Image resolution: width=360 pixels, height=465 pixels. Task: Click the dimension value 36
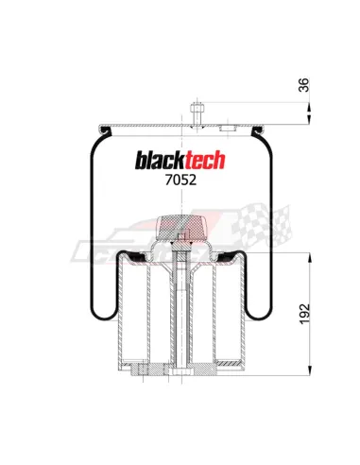pyautogui.click(x=303, y=85)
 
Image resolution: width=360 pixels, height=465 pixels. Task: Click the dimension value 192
pyautogui.click(x=304, y=314)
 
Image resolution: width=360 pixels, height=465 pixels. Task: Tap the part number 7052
pyautogui.click(x=180, y=180)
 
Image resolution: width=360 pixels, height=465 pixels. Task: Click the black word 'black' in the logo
pyautogui.click(x=160, y=160)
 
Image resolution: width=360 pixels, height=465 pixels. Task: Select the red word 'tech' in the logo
pyautogui.click(x=205, y=160)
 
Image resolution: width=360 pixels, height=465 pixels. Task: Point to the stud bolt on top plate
pyautogui.click(x=197, y=115)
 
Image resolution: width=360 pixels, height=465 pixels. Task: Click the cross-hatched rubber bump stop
pyautogui.click(x=181, y=228)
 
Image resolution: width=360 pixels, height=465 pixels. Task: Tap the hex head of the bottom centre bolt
pyautogui.click(x=181, y=372)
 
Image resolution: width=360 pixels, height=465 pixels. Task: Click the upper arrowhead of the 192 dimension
pyautogui.click(x=310, y=258)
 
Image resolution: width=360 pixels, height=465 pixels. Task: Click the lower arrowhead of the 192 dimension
pyautogui.click(x=310, y=370)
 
